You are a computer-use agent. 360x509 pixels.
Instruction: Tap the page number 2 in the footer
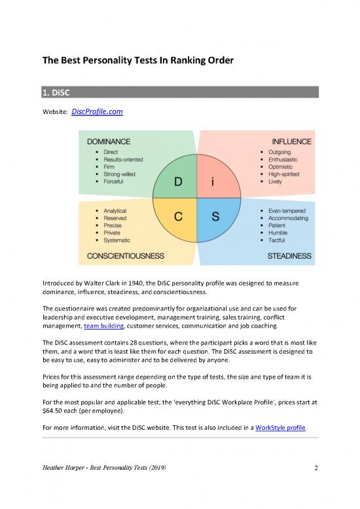click(315, 467)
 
